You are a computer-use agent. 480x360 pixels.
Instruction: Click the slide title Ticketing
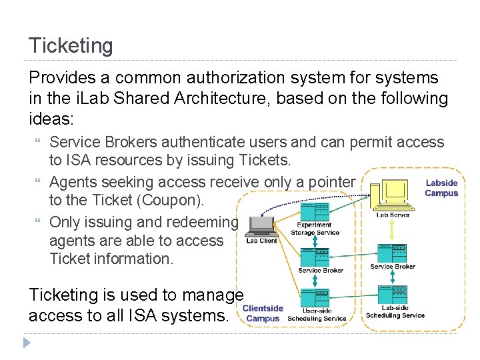[71, 46]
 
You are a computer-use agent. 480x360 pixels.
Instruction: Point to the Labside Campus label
[441, 188]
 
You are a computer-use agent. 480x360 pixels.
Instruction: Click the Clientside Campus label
[263, 313]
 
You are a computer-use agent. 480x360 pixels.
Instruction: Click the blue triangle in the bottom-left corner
[27, 343]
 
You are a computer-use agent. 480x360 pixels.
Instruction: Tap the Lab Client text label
[261, 241]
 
